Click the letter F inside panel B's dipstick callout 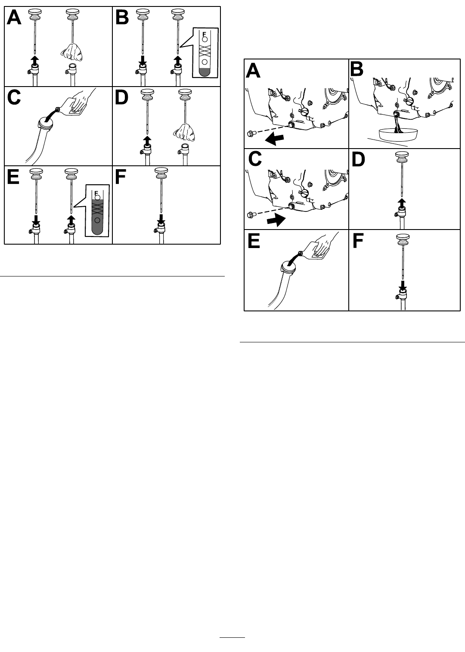tap(204, 34)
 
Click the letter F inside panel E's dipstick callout tap(96, 192)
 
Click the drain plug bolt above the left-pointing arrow tap(251, 134)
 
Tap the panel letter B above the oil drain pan tap(357, 70)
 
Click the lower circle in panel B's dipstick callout tap(205, 62)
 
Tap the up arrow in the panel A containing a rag tap(34, 61)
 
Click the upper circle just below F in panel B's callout tap(205, 39)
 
